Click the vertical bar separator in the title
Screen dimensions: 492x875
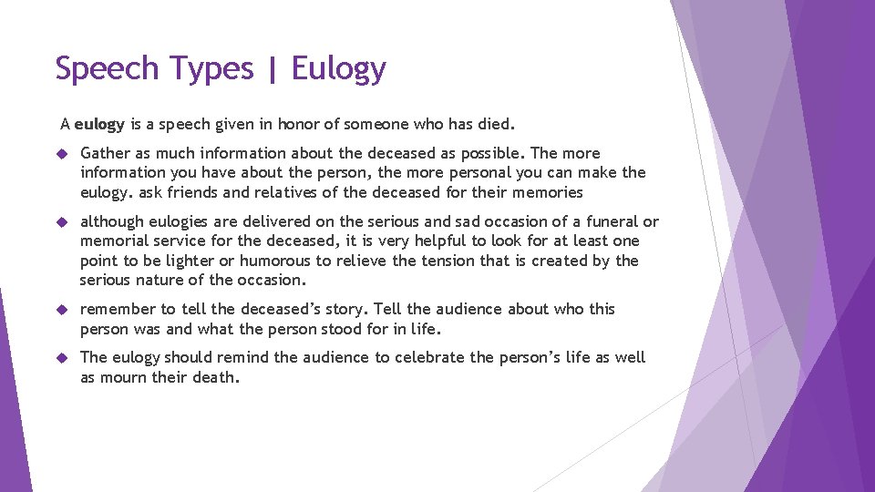[273, 69]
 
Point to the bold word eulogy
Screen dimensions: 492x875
[97, 122]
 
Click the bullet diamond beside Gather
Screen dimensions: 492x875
[63, 153]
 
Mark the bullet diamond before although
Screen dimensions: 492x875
[63, 221]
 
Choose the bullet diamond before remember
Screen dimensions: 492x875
[63, 309]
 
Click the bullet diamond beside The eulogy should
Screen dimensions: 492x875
[63, 357]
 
